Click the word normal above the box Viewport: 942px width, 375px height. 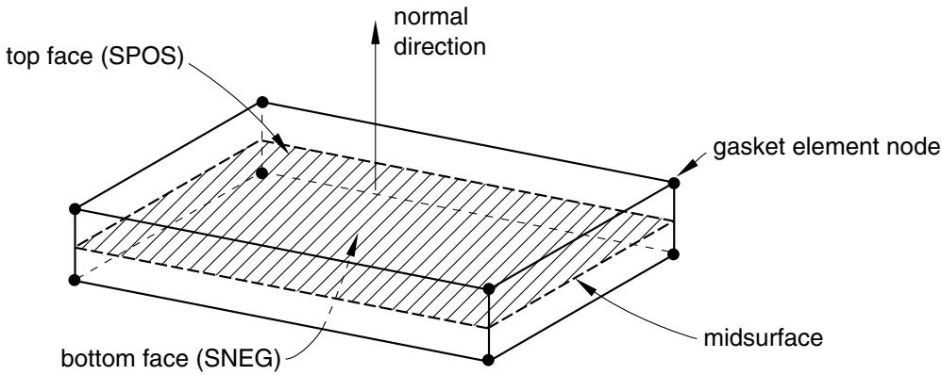pyautogui.click(x=430, y=17)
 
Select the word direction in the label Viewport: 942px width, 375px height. pyautogui.click(x=440, y=47)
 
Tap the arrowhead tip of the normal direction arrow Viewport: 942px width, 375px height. pyautogui.click(x=375, y=23)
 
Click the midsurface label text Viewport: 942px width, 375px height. pyautogui.click(x=763, y=338)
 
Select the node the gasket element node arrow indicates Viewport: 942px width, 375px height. pyautogui.click(x=673, y=183)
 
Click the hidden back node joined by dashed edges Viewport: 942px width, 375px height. pyautogui.click(x=261, y=173)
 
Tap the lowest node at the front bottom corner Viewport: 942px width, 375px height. pyautogui.click(x=488, y=360)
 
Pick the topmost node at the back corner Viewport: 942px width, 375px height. pyautogui.click(x=261, y=102)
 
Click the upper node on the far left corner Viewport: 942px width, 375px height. pyautogui.click(x=75, y=209)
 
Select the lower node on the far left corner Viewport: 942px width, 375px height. pyautogui.click(x=75, y=280)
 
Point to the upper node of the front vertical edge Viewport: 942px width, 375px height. pyautogui.click(x=488, y=288)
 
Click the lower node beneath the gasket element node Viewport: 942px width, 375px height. pyautogui.click(x=673, y=253)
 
